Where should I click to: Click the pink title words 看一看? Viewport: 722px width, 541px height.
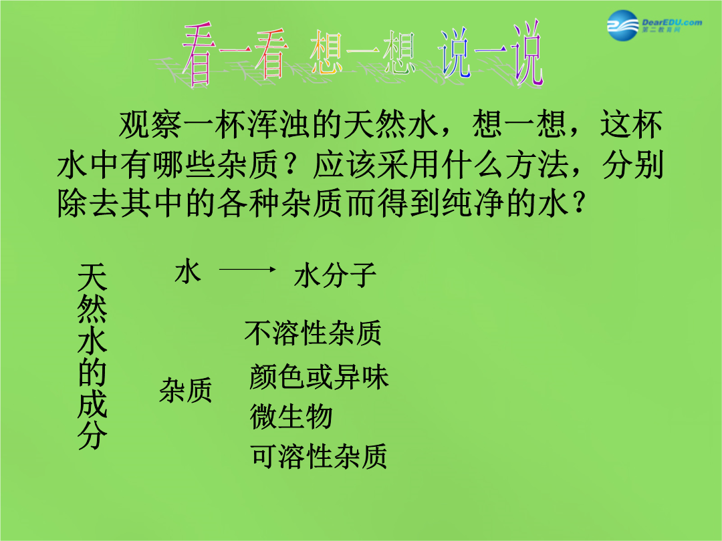click(x=235, y=54)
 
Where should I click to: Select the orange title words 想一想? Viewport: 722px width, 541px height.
click(x=362, y=52)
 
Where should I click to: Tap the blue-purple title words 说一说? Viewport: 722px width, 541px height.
click(x=490, y=53)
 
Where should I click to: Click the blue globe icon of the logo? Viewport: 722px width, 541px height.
click(x=622, y=25)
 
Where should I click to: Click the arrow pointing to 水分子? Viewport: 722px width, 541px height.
click(x=247, y=270)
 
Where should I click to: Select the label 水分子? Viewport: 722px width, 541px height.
click(x=335, y=275)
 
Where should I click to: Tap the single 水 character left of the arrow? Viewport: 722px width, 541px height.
click(x=188, y=270)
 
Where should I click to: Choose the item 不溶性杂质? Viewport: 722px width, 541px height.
click(x=313, y=333)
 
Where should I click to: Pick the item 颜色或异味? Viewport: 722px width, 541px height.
click(x=319, y=377)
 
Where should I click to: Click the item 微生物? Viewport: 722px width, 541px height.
click(x=291, y=417)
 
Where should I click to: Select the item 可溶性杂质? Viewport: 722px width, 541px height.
click(x=319, y=456)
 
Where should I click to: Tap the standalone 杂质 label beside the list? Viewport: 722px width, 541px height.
click(x=186, y=390)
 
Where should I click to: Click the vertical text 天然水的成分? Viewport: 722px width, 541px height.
click(x=92, y=356)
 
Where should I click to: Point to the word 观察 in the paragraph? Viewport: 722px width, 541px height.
click(x=150, y=124)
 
